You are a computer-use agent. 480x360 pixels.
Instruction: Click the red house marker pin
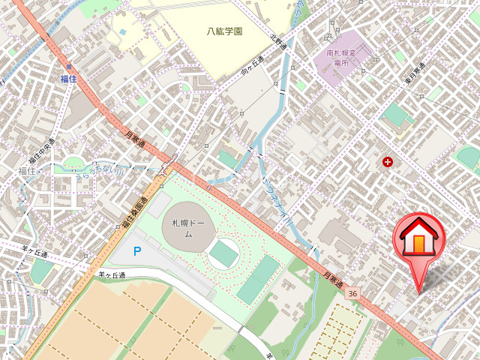[419, 240]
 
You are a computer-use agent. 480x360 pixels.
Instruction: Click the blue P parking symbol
[136, 251]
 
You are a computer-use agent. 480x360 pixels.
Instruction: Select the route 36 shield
[352, 293]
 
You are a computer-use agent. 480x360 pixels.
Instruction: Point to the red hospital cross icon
[388, 161]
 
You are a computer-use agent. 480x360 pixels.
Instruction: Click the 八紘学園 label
[226, 31]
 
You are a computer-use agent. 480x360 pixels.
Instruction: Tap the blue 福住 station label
[69, 78]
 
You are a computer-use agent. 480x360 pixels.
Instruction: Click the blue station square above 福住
[68, 66]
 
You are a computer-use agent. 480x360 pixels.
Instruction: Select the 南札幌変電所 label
[344, 58]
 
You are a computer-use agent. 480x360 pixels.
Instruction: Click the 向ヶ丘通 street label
[253, 67]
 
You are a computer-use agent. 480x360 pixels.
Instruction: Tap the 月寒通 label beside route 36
[333, 283]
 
